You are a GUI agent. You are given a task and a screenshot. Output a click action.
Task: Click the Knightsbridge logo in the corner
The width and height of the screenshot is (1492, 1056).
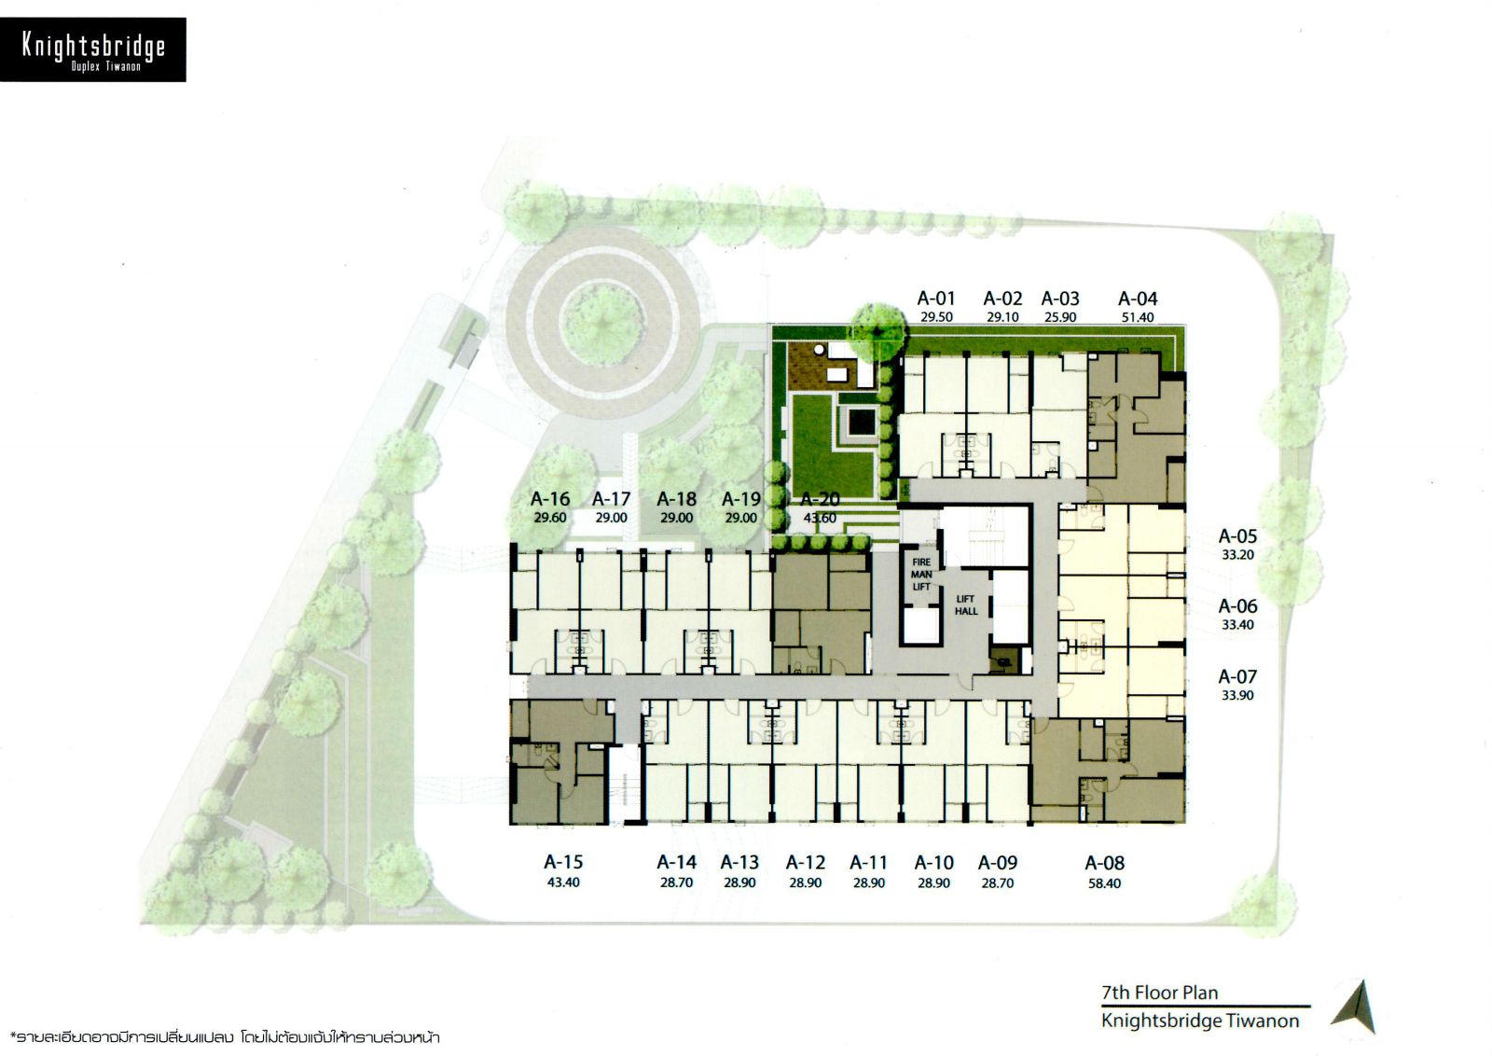point(93,50)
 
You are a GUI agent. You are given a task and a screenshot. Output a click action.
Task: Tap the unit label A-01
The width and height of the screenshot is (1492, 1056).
point(936,299)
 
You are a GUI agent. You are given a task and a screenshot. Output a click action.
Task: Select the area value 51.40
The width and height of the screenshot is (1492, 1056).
point(1137,318)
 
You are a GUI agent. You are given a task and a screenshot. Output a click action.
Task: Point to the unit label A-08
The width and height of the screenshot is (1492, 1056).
point(1104,864)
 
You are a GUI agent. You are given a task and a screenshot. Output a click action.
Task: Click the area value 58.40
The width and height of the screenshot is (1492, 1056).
point(1104,884)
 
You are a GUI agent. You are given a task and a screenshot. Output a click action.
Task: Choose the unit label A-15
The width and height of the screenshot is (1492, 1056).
point(563,862)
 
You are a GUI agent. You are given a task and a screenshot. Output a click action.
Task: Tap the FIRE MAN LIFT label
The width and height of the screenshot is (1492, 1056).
point(921,575)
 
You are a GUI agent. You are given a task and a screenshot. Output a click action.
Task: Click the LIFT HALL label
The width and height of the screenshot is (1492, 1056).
point(966,605)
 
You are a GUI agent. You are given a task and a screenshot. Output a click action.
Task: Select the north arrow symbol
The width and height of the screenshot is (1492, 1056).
point(1356,1007)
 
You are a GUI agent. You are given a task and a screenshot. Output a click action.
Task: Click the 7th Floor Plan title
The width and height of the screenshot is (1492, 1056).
point(1160,993)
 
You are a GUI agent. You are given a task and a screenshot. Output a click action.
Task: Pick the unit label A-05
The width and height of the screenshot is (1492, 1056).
point(1237,536)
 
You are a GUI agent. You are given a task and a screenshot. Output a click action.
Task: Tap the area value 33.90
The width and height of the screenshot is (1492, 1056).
point(1237,696)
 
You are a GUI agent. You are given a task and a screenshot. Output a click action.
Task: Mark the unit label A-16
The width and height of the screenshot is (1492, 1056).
point(550,499)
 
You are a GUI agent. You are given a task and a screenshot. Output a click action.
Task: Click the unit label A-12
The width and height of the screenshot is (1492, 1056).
point(806,863)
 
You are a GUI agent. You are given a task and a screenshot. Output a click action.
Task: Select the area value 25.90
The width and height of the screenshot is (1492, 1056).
point(1059,318)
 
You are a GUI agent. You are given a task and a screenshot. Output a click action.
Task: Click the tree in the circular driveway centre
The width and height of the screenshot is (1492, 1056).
point(601,325)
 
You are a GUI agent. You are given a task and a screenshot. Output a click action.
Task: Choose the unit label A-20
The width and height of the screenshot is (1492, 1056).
point(820,499)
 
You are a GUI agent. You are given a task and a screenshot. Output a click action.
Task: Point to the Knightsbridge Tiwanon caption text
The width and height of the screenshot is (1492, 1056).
point(1200,1021)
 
